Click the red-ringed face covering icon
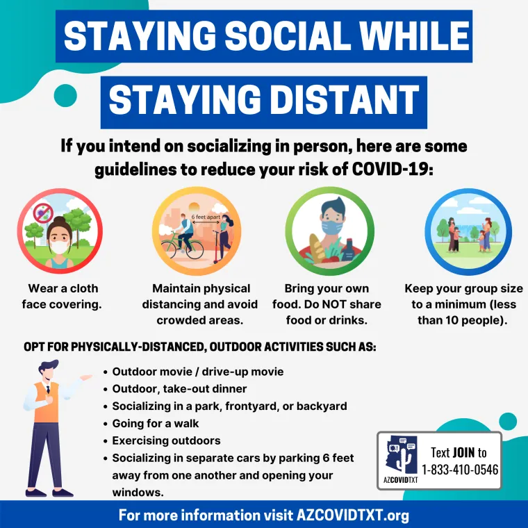[60, 231]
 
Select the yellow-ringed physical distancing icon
[196, 231]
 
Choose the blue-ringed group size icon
[468, 231]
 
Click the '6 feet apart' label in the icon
[206, 216]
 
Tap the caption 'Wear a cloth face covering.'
[63, 296]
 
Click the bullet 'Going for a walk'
[155, 423]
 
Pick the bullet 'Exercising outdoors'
[166, 440]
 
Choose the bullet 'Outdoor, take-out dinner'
[179, 389]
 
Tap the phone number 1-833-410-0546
[460, 469]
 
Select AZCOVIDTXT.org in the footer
[352, 515]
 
